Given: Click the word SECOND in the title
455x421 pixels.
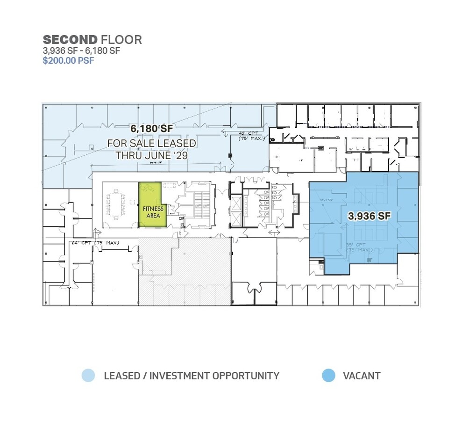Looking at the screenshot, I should [70, 40].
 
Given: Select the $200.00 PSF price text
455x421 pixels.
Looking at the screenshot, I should [68, 61].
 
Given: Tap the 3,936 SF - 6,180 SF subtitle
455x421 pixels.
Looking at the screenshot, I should [82, 51].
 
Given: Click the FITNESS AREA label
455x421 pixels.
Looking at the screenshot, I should [153, 212].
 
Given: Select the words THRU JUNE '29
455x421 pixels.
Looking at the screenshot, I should [152, 155].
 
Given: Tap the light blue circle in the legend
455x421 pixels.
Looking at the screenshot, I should [88, 375].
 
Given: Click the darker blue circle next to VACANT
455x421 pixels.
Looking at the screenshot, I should [328, 375].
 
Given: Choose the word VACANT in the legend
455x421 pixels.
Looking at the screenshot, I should [362, 376].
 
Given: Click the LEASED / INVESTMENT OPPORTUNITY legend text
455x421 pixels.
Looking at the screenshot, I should [192, 376].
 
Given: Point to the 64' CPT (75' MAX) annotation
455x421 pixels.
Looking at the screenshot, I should [96, 243].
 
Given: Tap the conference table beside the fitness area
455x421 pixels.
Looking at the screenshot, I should [114, 205].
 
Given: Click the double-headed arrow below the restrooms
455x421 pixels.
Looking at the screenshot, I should [274, 232].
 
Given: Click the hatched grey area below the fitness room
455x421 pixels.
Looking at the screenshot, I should [185, 271].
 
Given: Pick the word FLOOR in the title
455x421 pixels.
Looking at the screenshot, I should [121, 40].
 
